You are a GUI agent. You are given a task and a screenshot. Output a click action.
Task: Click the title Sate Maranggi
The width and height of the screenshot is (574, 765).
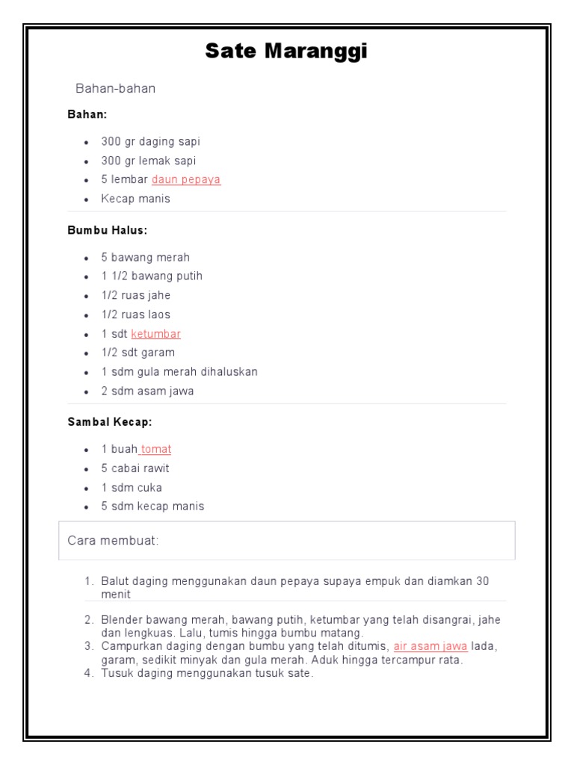[286, 52]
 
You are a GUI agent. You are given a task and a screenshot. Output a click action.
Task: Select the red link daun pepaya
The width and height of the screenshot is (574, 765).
[186, 179]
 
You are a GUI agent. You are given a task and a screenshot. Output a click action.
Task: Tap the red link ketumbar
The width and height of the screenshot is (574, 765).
[155, 334]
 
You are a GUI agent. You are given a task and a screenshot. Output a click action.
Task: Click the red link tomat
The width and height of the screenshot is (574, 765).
[156, 449]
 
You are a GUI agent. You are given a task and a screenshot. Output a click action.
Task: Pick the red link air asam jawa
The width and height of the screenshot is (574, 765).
[430, 646]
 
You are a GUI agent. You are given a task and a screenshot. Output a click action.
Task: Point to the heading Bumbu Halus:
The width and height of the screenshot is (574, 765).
[108, 231]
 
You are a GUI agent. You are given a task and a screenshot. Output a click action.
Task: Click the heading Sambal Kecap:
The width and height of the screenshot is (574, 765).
[110, 422]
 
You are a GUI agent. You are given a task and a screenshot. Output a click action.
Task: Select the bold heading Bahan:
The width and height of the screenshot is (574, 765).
[87, 115]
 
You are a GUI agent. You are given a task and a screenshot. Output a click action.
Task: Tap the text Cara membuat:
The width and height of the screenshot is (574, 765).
[114, 540]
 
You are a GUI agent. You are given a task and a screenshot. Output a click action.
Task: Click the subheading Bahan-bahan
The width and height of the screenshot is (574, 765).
[116, 88]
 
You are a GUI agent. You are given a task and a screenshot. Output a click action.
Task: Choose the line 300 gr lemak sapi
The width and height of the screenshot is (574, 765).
[149, 161]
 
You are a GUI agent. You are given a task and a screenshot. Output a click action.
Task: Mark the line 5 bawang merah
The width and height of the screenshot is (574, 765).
[146, 257]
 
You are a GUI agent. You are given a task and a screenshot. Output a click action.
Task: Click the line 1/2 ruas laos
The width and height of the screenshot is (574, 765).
[136, 315]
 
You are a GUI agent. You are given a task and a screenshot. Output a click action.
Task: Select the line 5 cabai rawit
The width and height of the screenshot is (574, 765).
[135, 468]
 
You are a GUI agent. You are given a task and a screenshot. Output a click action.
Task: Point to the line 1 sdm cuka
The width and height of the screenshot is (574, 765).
[132, 488]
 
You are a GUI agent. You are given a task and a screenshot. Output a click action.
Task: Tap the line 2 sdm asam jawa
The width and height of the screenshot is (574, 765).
[147, 391]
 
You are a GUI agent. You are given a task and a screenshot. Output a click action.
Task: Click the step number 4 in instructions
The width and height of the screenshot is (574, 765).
[87, 673]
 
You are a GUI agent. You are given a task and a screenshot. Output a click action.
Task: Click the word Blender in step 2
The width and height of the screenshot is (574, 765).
[121, 620]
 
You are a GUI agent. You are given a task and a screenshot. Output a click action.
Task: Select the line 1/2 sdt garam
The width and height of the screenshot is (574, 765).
[138, 353]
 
